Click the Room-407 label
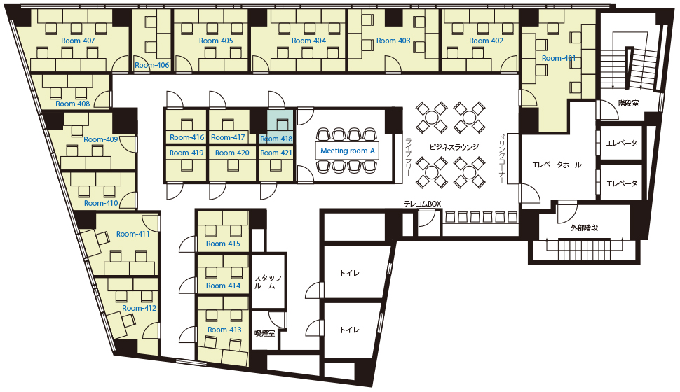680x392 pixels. tap(78, 41)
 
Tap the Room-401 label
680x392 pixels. tap(559, 58)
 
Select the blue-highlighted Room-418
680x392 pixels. tap(280, 127)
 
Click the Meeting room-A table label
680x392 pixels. tap(348, 150)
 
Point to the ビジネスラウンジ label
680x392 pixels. tap(454, 147)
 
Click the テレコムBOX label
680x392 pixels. tap(423, 204)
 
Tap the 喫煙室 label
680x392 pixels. tap(264, 333)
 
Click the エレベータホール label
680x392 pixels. tap(557, 164)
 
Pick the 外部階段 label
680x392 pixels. tap(584, 227)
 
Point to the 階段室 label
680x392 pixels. tap(628, 103)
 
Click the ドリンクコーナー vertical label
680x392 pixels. tap(502, 158)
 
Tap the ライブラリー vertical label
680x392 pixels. tap(408, 156)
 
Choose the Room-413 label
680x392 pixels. tap(224, 330)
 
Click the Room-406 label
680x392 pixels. tap(152, 65)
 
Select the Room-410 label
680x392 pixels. tap(101, 203)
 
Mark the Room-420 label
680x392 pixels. tap(232, 153)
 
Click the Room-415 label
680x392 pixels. tap(223, 244)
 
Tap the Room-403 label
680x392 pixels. tap(393, 41)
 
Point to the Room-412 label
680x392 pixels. tap(140, 308)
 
